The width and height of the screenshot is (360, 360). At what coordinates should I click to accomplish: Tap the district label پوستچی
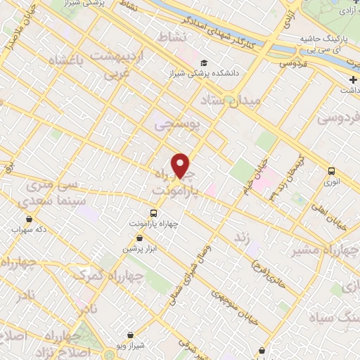(177, 124)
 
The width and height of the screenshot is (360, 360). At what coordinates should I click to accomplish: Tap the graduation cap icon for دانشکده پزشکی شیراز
(203, 61)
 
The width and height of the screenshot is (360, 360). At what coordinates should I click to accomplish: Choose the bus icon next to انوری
(331, 170)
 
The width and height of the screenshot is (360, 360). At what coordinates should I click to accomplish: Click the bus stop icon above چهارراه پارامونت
(155, 212)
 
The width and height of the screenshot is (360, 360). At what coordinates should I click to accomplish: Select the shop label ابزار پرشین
(139, 250)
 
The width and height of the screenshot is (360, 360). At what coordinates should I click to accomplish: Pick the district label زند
(242, 238)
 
